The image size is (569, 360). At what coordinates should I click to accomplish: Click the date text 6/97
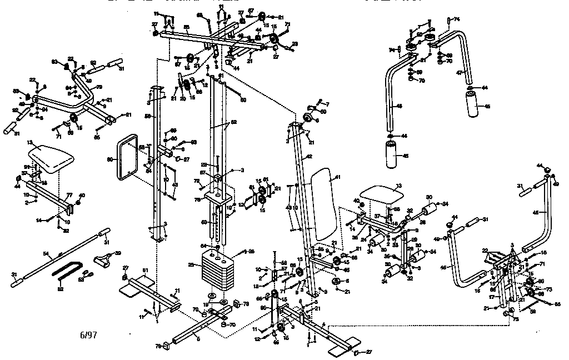88,336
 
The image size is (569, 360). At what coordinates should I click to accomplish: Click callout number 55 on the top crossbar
187,27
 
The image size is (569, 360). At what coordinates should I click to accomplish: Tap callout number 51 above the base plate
146,270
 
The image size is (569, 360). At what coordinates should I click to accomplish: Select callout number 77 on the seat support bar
70,194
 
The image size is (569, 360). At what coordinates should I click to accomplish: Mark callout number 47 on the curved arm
460,73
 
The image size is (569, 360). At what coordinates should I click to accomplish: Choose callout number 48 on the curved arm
398,105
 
